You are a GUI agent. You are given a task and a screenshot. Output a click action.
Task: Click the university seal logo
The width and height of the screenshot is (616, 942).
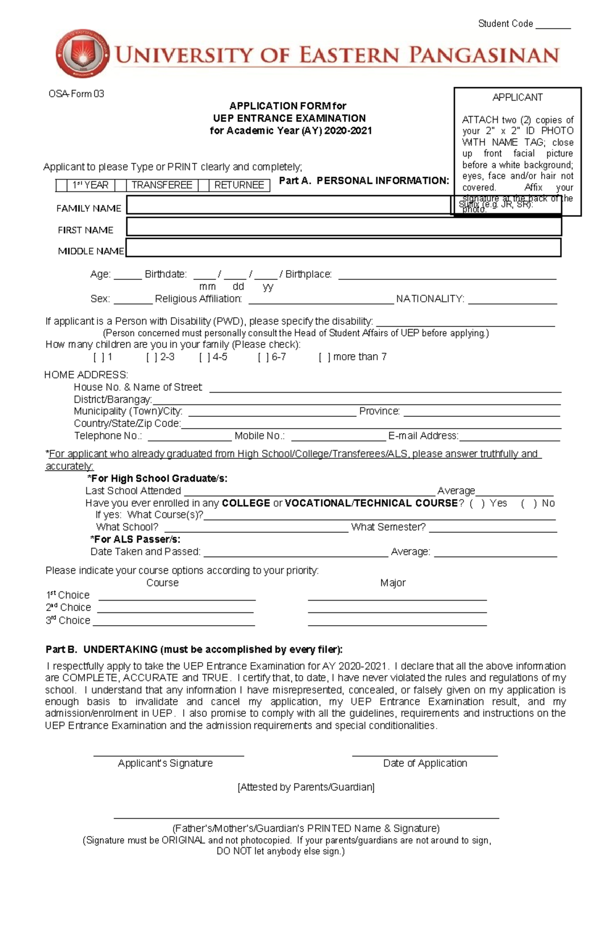pyautogui.click(x=82, y=53)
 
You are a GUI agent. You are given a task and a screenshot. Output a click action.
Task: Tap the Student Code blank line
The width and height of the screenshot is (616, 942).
pyautogui.click(x=553, y=26)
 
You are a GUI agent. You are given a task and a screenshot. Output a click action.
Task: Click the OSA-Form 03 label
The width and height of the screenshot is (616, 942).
pyautogui.click(x=76, y=94)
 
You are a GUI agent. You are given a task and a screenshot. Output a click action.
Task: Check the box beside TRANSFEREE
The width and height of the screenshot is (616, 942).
pyautogui.click(x=121, y=185)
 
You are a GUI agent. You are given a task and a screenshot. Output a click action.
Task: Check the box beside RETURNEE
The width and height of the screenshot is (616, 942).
pyautogui.click(x=203, y=185)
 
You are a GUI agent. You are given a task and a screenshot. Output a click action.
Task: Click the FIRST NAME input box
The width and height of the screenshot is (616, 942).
pyautogui.click(x=343, y=226)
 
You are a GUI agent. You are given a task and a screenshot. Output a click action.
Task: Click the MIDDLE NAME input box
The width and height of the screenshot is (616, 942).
pyautogui.click(x=343, y=248)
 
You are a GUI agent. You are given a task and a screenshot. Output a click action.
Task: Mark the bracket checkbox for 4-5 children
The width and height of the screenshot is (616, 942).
pyautogui.click(x=204, y=357)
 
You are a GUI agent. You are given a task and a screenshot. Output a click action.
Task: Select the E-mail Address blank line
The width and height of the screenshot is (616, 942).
pyautogui.click(x=509, y=438)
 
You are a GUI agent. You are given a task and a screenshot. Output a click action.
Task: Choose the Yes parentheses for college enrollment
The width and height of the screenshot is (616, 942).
pyautogui.click(x=476, y=504)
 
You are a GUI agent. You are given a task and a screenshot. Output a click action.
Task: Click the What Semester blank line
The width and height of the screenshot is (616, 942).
pyautogui.click(x=493, y=530)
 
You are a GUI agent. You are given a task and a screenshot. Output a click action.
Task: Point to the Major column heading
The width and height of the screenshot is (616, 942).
pyautogui.click(x=393, y=583)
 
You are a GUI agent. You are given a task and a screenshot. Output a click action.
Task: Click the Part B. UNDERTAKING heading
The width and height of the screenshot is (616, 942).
pyautogui.click(x=194, y=649)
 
